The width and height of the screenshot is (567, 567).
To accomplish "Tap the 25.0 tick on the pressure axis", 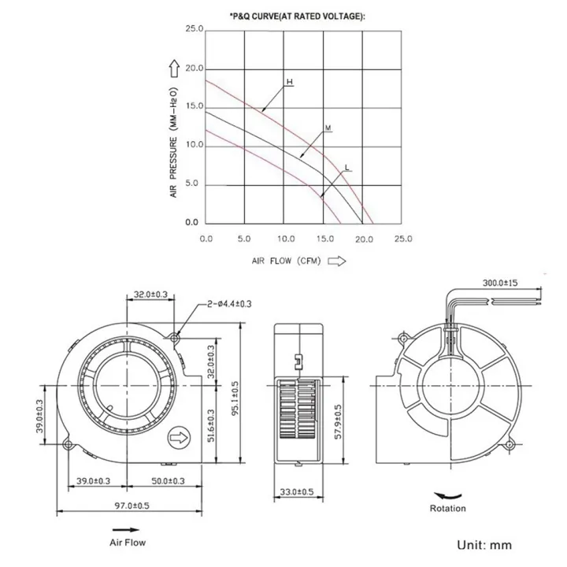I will [x=193, y=30].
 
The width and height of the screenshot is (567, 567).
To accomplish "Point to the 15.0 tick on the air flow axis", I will [x=324, y=238].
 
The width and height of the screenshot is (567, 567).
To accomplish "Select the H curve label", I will [x=289, y=82].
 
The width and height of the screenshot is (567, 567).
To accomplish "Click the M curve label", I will [x=327, y=127].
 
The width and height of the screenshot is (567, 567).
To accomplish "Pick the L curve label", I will [x=347, y=167].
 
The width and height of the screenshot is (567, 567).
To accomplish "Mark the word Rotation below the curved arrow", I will [x=447, y=508].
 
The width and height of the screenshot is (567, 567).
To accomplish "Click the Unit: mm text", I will [x=484, y=543].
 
